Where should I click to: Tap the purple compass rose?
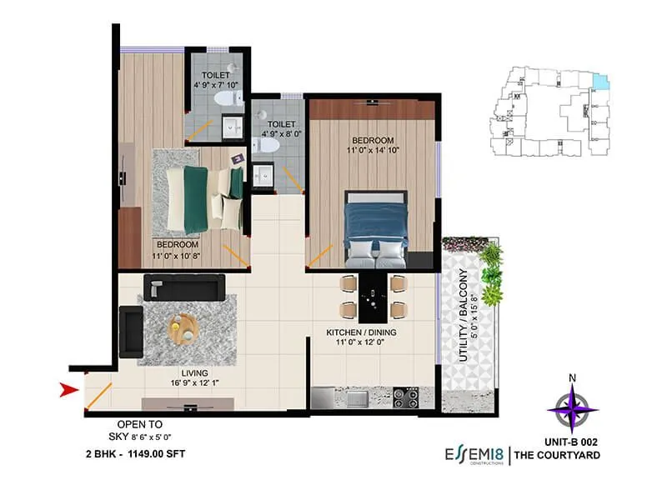tap(572, 408)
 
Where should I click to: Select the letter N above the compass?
tap(572, 377)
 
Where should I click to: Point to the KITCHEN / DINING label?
tap(361, 332)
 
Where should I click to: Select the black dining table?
tap(374, 297)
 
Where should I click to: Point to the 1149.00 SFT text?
tap(153, 453)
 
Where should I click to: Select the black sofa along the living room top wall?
tap(182, 287)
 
